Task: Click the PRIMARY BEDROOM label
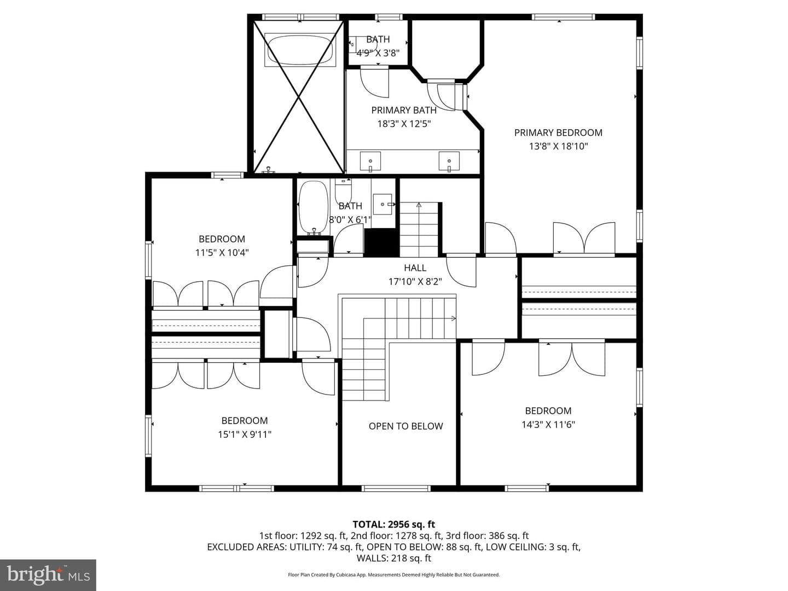[x=558, y=133]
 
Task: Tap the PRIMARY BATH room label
[x=404, y=110]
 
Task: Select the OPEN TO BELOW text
[x=405, y=426]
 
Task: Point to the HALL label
[x=415, y=268]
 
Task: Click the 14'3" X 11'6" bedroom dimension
[x=548, y=425]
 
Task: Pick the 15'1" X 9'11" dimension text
[x=245, y=434]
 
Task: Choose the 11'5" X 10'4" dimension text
[x=222, y=253]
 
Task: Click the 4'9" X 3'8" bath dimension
[x=378, y=53]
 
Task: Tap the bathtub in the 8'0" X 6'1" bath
[x=314, y=207]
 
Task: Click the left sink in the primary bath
[x=370, y=161]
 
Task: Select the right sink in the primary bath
[x=449, y=161]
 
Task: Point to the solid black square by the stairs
[x=382, y=242]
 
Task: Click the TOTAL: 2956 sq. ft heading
[x=394, y=524]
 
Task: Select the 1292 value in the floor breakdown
[x=310, y=536]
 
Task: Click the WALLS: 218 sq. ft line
[x=394, y=558]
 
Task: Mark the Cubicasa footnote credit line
[x=394, y=575]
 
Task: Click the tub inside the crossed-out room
[x=300, y=50]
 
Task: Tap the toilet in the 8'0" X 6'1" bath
[x=343, y=191]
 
